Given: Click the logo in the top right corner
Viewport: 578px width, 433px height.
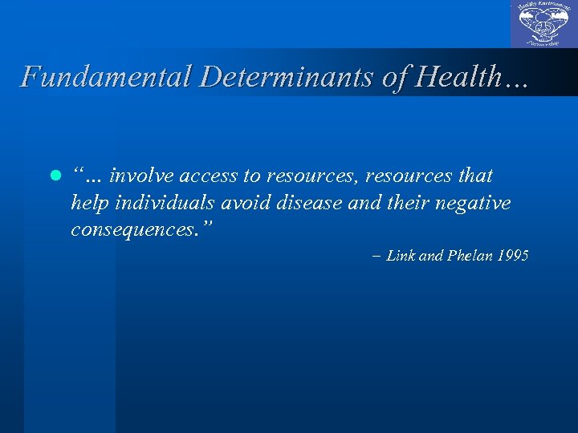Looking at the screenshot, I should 543,24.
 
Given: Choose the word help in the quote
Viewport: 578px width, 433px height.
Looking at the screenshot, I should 89,203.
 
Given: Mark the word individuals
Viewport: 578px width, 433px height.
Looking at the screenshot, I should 160,203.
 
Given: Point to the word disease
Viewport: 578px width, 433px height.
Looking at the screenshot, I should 310,203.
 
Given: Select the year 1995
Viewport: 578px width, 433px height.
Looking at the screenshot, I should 513,257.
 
